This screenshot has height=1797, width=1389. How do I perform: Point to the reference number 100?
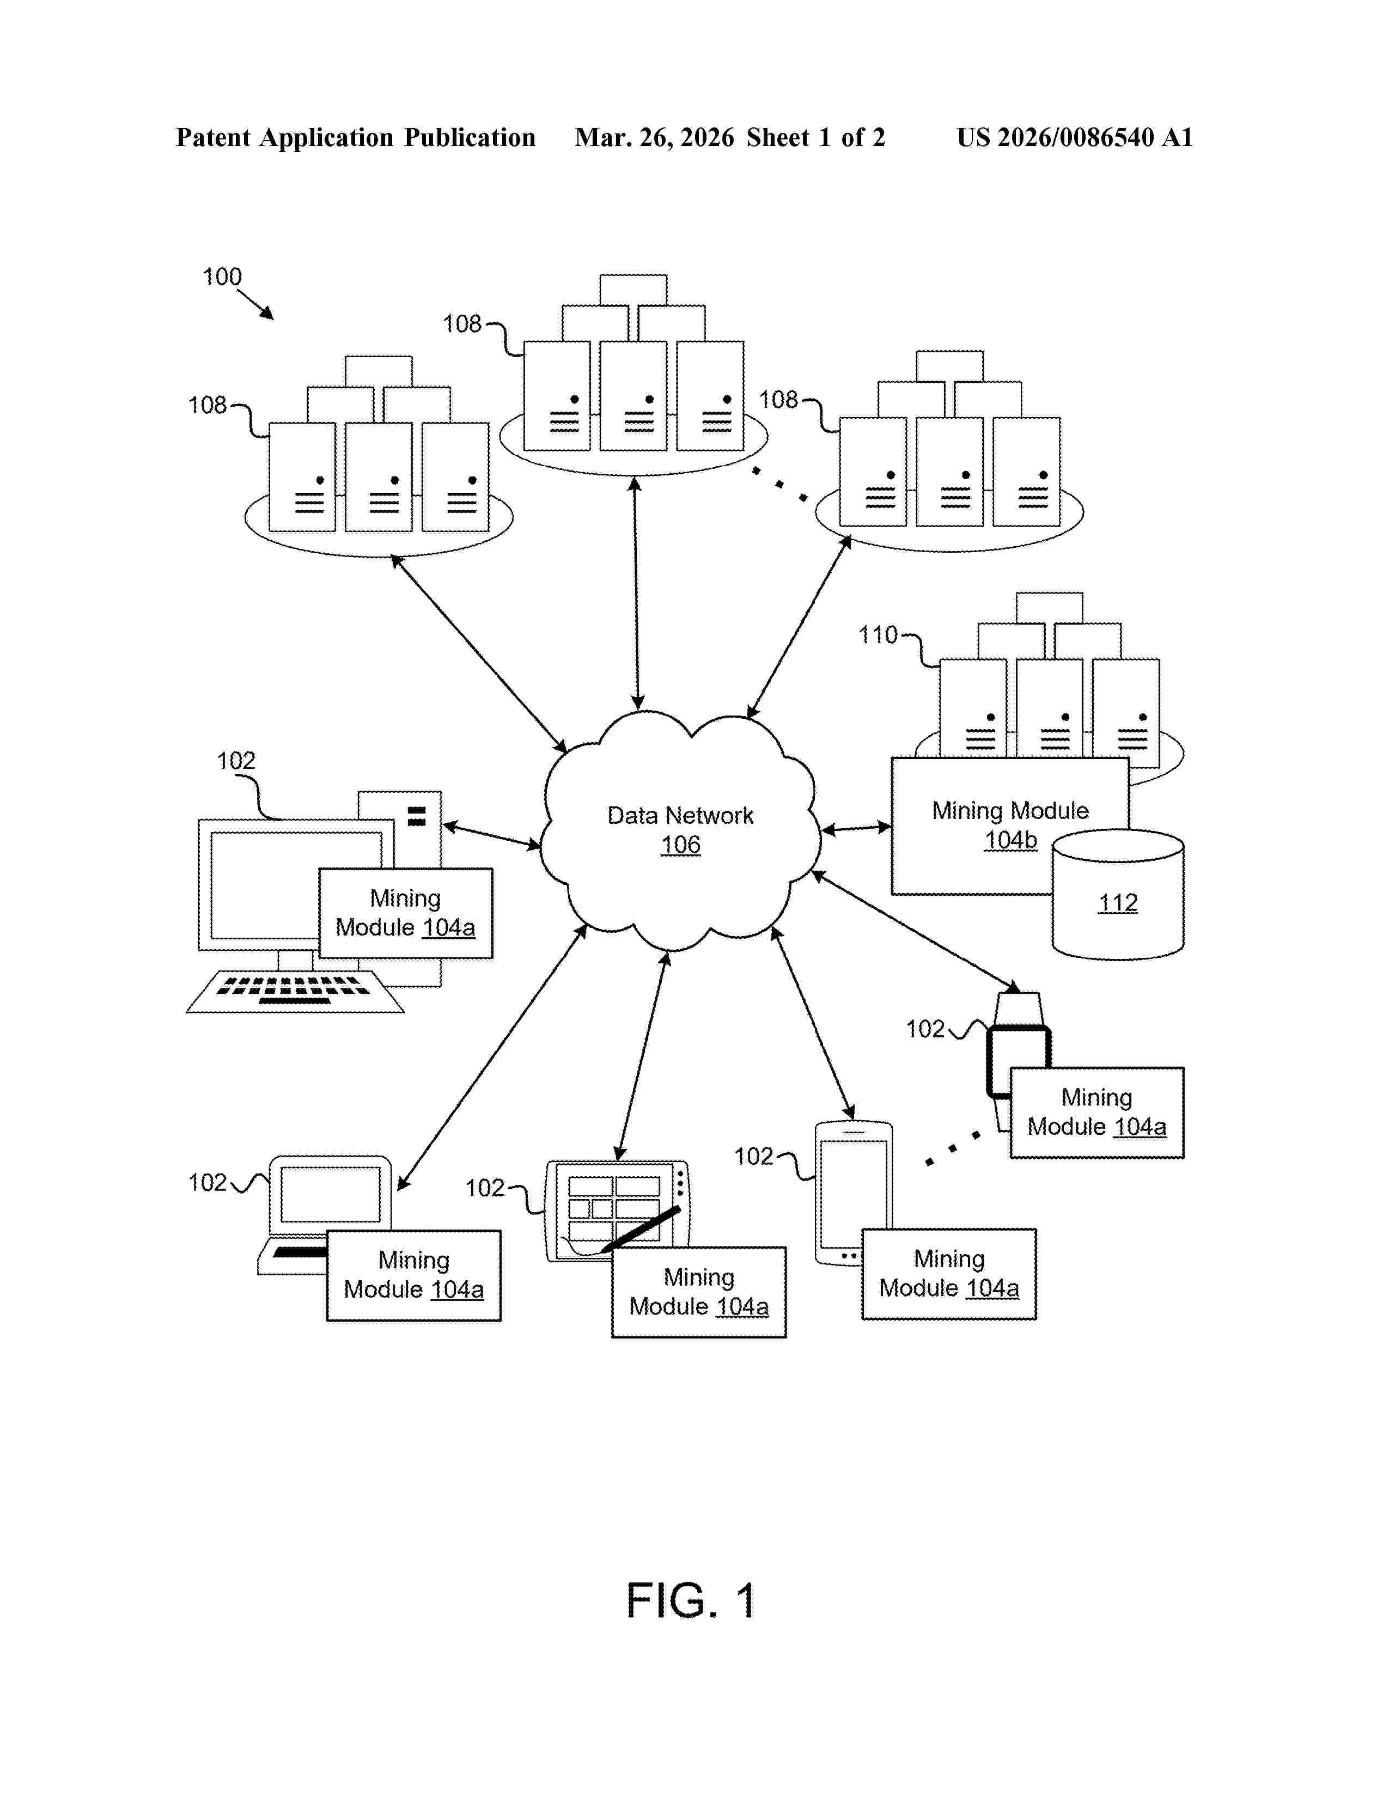click(222, 277)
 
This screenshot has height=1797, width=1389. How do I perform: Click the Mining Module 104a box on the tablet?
click(699, 1292)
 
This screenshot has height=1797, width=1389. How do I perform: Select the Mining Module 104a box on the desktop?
click(406, 913)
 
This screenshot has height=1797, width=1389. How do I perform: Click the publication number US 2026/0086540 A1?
click(1074, 137)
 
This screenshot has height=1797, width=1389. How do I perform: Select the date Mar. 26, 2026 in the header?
click(654, 137)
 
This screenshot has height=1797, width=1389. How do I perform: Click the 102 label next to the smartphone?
click(753, 1156)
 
